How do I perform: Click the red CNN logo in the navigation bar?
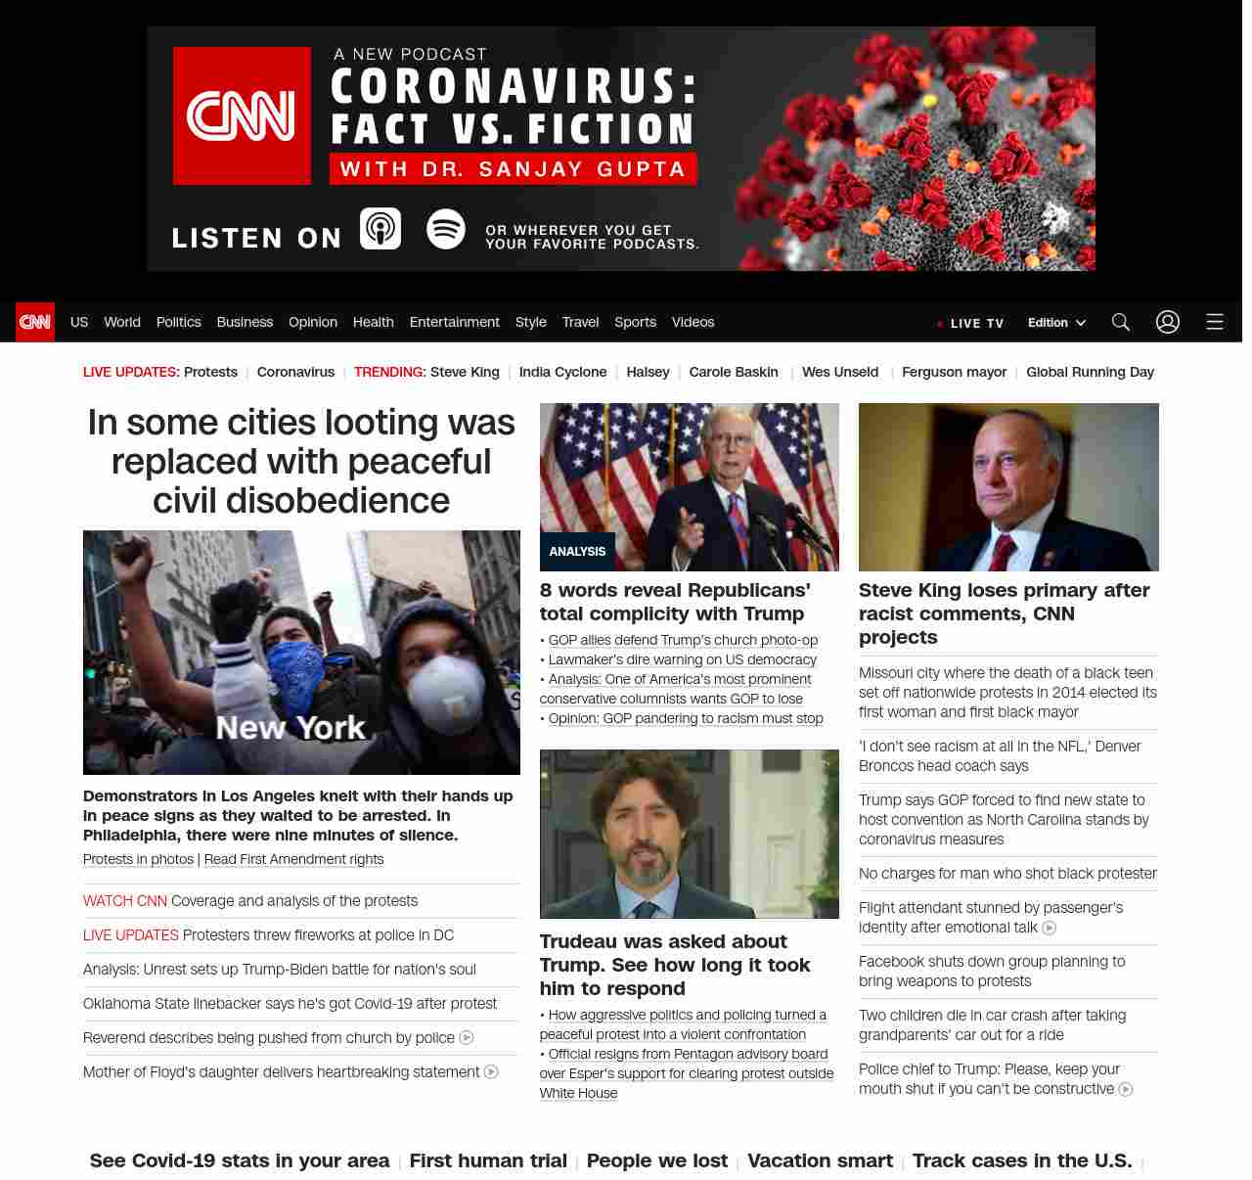35,322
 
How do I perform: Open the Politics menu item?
178,322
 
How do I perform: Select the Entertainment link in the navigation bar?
454,322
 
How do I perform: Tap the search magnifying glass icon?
1121,322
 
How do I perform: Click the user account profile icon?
1168,322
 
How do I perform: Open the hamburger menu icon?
1215,322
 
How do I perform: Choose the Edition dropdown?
1056,323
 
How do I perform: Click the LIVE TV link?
970,323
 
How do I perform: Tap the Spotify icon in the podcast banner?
446,229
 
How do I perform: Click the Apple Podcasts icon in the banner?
380,229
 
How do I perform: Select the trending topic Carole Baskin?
734,372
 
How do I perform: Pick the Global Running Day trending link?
1090,372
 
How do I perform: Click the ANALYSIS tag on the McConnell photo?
577,552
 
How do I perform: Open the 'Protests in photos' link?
138,859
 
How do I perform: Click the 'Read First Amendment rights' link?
293,859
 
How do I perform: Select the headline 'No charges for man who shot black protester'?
1007,874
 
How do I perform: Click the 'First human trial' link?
488,1160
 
